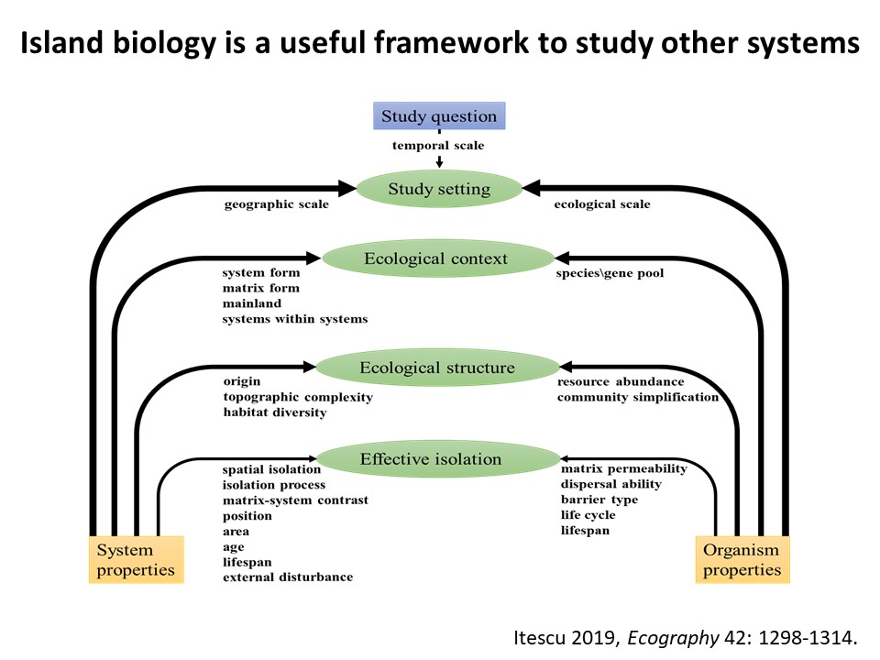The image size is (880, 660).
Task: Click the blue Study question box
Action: click(x=439, y=116)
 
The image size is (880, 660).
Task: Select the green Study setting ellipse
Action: click(x=439, y=190)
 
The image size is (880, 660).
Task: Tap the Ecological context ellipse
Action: click(x=435, y=258)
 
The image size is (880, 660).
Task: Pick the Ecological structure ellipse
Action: click(x=437, y=368)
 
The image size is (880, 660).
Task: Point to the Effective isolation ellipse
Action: click(x=437, y=459)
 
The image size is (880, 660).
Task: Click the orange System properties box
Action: click(x=136, y=559)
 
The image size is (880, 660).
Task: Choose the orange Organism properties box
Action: click(x=742, y=559)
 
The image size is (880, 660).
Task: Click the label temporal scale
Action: click(x=439, y=146)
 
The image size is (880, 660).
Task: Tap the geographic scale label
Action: click(x=276, y=204)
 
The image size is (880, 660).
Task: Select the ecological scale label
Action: click(x=602, y=204)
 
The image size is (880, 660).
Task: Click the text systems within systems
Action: click(x=295, y=319)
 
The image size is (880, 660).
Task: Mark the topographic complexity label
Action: click(x=298, y=397)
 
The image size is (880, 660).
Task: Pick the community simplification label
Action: click(x=638, y=397)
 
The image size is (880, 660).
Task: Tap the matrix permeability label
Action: click(x=624, y=469)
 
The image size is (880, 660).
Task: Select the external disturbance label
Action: click(x=288, y=577)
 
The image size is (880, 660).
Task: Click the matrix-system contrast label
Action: click(x=295, y=500)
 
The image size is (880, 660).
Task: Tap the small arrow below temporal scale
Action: click(x=440, y=161)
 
